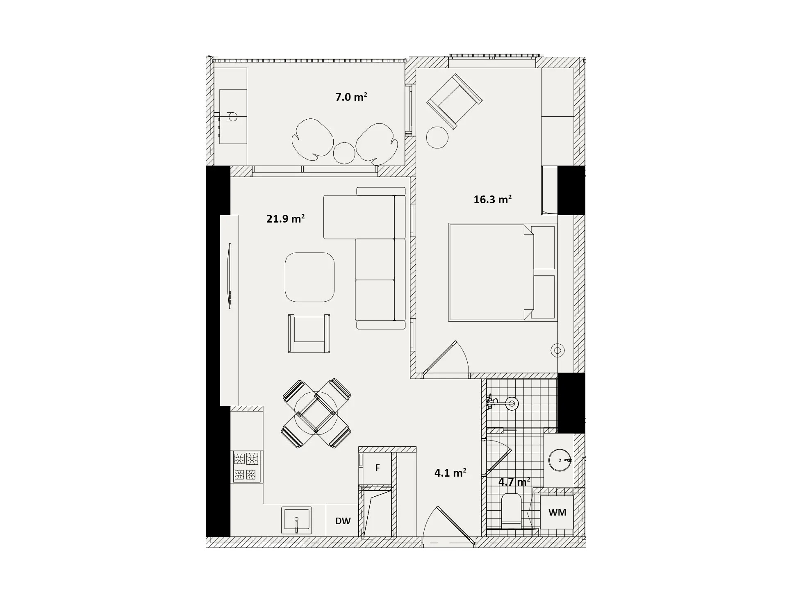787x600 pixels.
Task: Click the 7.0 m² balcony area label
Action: pos(351,97)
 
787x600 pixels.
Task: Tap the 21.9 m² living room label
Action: pos(285,218)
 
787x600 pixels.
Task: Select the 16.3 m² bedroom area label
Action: pos(492,200)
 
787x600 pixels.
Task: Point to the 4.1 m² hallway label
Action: pos(450,473)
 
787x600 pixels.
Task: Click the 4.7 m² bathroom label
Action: pos(514,482)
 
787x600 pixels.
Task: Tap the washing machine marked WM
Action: pos(557,512)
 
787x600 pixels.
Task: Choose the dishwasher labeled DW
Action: pos(343,520)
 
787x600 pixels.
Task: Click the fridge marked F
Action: pos(377,468)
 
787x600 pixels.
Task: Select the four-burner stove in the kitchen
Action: pos(247,466)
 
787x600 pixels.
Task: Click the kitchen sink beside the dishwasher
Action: pos(296,520)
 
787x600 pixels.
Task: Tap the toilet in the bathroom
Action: pos(511,510)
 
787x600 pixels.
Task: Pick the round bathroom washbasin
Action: pos(560,460)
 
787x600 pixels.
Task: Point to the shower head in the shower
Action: pos(512,404)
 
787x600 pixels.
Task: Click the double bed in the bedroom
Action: pos(503,272)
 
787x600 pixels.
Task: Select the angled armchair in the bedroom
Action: pos(454,101)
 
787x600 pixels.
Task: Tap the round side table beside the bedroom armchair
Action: pos(437,137)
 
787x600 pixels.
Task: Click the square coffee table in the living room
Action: pos(309,277)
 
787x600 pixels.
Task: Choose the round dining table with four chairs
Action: pos(316,413)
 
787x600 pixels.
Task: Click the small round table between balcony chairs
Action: pos(344,153)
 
